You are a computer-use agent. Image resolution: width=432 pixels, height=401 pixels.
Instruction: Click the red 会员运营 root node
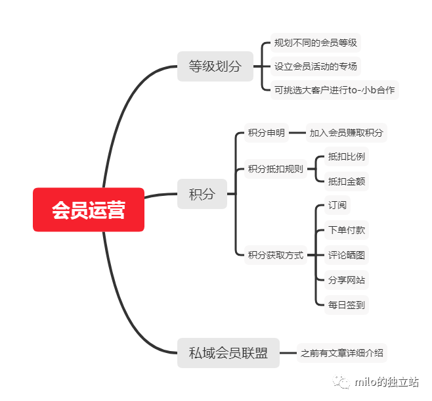coord(89,210)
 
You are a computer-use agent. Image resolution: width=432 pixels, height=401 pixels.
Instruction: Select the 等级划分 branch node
coord(215,66)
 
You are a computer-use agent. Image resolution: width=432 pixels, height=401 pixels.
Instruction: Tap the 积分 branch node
coord(202,194)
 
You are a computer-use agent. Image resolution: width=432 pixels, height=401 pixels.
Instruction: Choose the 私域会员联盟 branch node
coord(228,353)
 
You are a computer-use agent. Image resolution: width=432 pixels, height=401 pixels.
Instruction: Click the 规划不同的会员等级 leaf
coord(316,43)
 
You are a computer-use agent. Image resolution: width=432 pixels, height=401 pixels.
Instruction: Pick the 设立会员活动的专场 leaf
coord(316,66)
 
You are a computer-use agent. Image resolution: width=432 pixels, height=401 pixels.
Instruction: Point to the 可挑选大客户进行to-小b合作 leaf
coord(335,89)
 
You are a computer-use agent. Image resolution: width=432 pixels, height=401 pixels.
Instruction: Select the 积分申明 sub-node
coord(266,133)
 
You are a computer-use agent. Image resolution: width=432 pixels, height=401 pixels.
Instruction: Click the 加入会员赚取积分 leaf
coord(346,133)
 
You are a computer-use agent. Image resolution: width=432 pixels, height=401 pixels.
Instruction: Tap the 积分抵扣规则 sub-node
coord(276,169)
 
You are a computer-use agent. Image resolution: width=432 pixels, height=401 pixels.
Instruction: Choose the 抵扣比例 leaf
coord(347,157)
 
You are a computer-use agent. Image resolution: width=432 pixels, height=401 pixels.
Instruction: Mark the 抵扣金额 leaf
coord(347,181)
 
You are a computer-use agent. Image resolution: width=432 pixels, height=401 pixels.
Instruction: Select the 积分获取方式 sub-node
coord(276,255)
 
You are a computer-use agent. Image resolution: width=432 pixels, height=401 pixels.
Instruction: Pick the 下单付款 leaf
coord(347,230)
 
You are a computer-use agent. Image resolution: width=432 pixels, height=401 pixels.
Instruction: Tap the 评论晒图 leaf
coord(347,255)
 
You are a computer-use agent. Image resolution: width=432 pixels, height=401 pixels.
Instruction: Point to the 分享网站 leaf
coord(347,280)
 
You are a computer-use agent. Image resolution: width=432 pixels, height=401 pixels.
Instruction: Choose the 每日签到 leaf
coord(347,304)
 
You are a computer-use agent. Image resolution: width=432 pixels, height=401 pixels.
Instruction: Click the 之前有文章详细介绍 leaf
coord(341,353)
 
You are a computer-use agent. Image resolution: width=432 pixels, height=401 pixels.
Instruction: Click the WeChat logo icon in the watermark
coord(341,382)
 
